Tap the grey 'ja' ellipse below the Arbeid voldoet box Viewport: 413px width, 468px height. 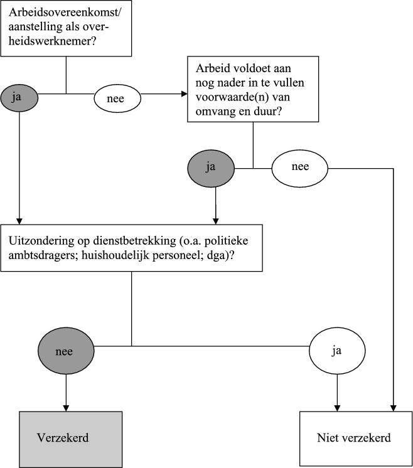(210, 168)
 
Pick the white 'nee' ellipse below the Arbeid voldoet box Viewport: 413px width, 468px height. (299, 168)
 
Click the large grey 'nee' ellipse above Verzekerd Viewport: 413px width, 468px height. (64, 351)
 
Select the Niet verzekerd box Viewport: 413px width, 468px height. (354, 438)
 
